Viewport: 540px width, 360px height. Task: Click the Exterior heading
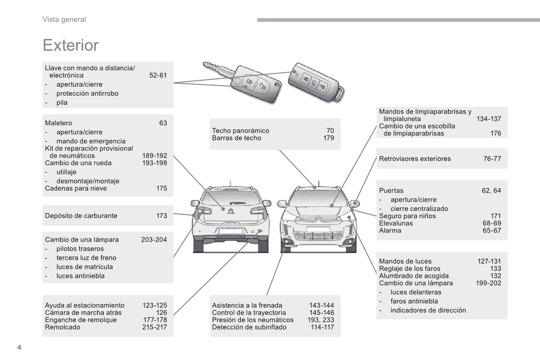[x=70, y=45]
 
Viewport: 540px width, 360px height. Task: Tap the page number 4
[x=19, y=347]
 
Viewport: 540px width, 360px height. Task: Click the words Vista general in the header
[x=64, y=19]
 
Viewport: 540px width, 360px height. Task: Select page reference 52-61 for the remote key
[x=158, y=75]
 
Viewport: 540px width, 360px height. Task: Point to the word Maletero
[x=58, y=123]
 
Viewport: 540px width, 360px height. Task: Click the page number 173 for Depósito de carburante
[x=161, y=216]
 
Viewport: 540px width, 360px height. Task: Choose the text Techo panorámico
[x=240, y=131]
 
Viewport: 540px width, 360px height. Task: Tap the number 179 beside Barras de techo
[x=328, y=138]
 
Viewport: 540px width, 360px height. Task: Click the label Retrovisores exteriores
[x=415, y=159]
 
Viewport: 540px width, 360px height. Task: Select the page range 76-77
[x=492, y=159]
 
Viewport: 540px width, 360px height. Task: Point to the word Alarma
[x=390, y=230]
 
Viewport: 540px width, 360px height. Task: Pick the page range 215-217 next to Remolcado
[x=155, y=327]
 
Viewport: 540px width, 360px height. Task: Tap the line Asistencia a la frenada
[x=247, y=305]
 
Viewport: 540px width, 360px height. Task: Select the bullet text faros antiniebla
[x=414, y=301]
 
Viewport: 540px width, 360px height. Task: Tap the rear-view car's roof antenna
[x=230, y=183]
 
